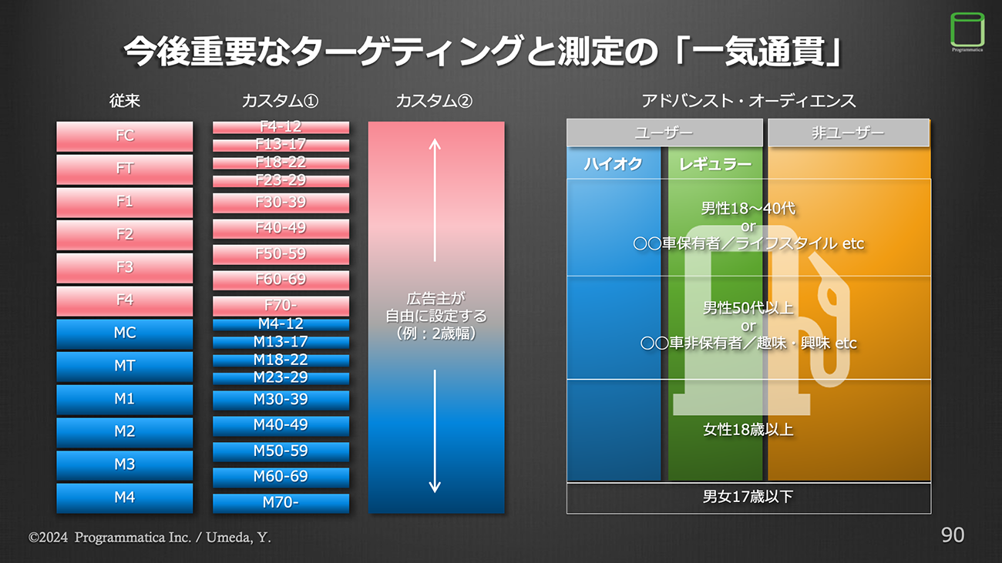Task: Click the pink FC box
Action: (124, 136)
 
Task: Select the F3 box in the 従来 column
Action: (124, 267)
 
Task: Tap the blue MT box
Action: (124, 366)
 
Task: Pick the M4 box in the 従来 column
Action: (124, 498)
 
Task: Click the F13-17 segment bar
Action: (281, 145)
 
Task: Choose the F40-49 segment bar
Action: (281, 228)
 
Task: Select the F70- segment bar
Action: (281, 305)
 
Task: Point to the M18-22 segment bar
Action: (281, 360)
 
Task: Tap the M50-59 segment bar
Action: (281, 451)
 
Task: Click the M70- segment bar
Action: (281, 503)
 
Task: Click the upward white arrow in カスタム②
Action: (435, 199)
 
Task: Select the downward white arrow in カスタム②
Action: (435, 431)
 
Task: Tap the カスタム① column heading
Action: (280, 101)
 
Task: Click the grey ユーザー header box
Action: (664, 132)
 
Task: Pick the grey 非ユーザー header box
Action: (848, 132)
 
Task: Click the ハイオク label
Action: (613, 163)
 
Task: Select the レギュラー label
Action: (715, 163)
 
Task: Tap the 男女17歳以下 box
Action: (748, 497)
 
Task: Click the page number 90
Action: (953, 535)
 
